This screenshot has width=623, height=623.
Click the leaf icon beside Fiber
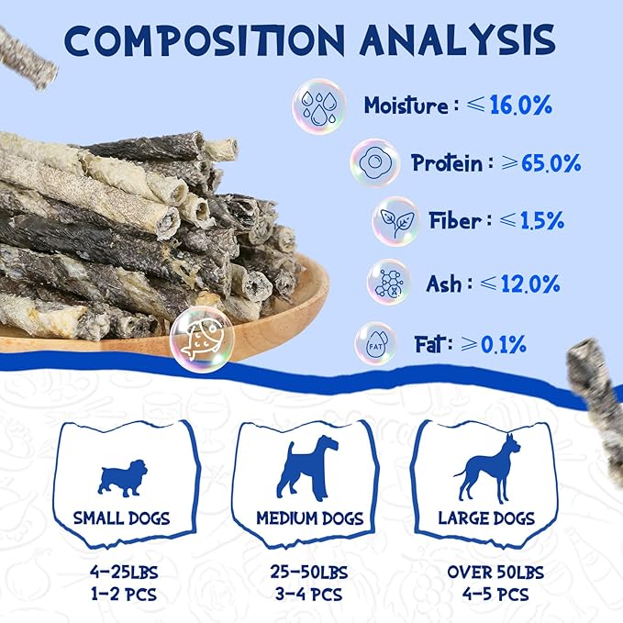point(395,221)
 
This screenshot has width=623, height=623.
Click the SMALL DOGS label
point(122,518)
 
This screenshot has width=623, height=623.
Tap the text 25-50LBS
point(309,573)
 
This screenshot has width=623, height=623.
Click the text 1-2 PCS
point(122,594)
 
